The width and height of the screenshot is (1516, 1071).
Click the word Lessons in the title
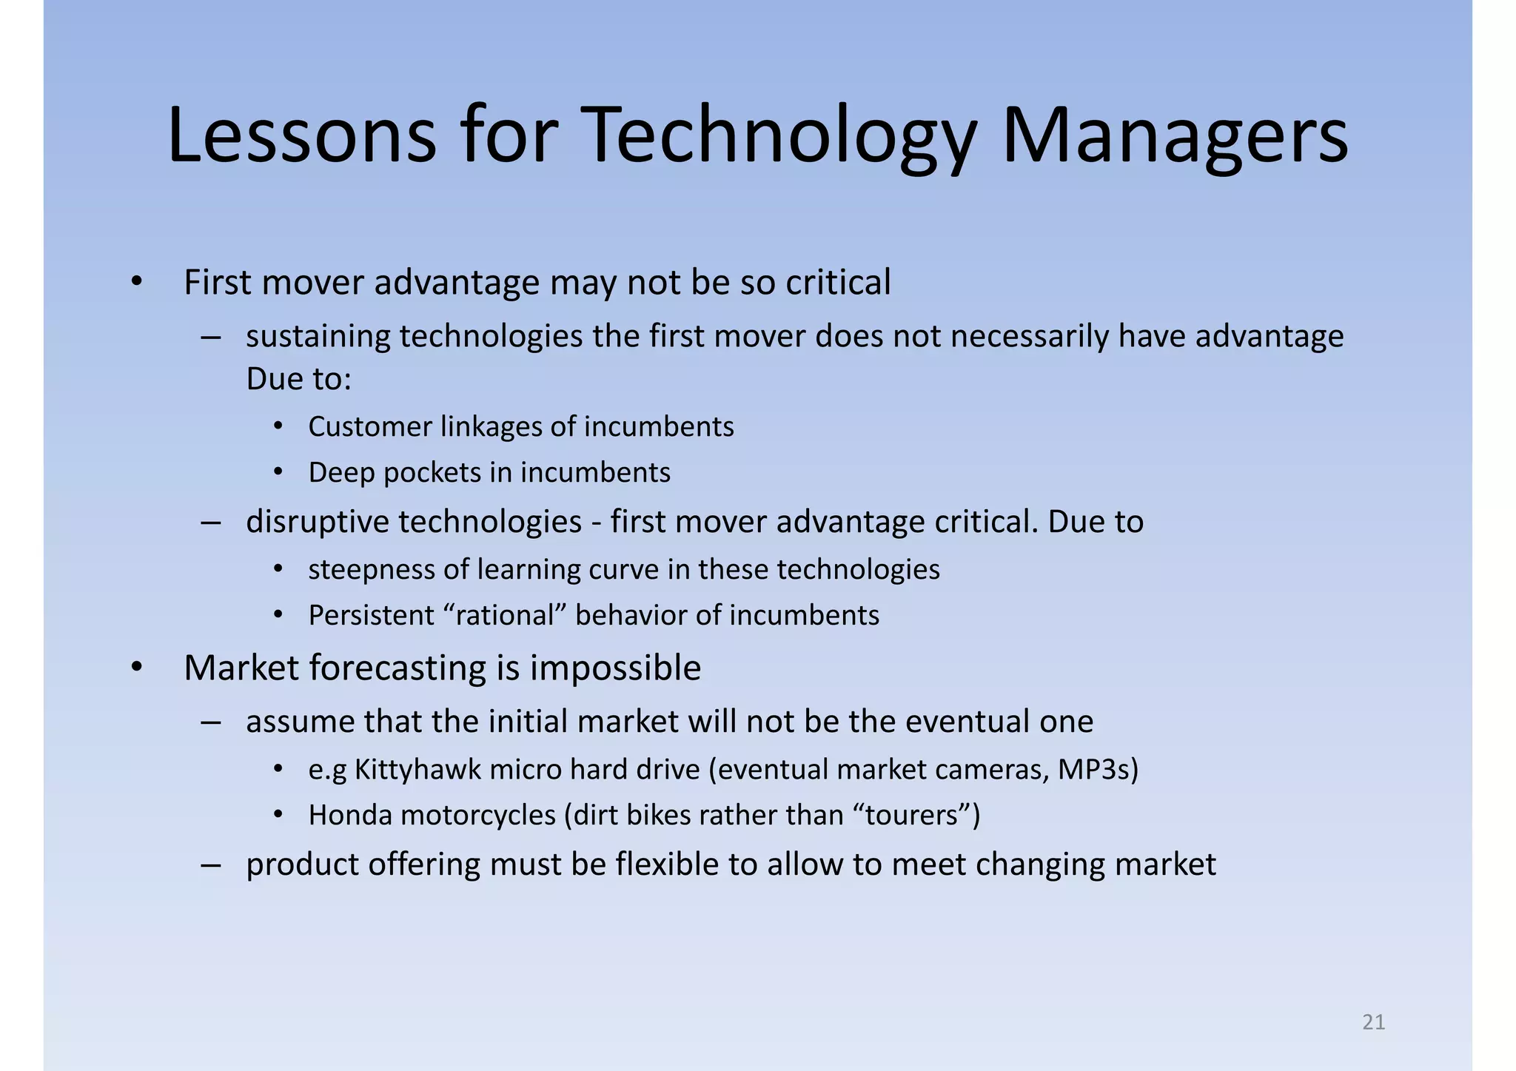[x=302, y=136]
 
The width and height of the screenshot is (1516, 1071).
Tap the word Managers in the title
[x=1175, y=136]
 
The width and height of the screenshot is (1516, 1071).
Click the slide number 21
[x=1373, y=1022]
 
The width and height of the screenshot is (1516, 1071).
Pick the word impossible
[x=615, y=668]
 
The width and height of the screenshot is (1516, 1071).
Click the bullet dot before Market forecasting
[x=136, y=668]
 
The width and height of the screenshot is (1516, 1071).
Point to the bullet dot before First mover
[x=136, y=283]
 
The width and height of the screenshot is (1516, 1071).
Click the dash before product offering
[x=210, y=864]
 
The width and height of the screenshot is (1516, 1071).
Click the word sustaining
[x=318, y=337]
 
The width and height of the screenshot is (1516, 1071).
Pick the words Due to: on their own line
[x=298, y=380]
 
